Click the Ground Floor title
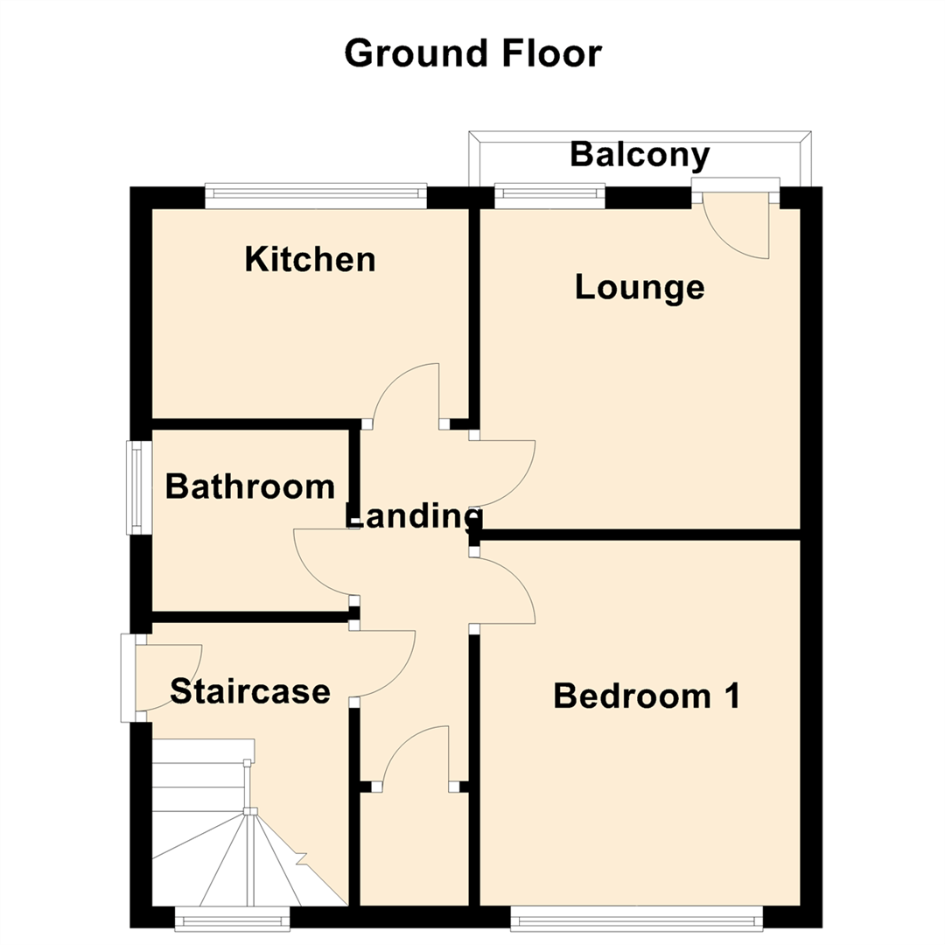[472, 53]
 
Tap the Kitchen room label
[310, 259]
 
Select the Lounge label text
[639, 287]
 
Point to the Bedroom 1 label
[647, 696]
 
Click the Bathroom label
[249, 486]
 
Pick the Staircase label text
[249, 691]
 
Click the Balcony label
[639, 155]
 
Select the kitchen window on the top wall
[316, 196]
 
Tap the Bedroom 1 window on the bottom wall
[636, 917]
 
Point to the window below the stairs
[232, 917]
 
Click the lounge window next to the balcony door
[549, 196]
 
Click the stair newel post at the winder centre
[250, 811]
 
